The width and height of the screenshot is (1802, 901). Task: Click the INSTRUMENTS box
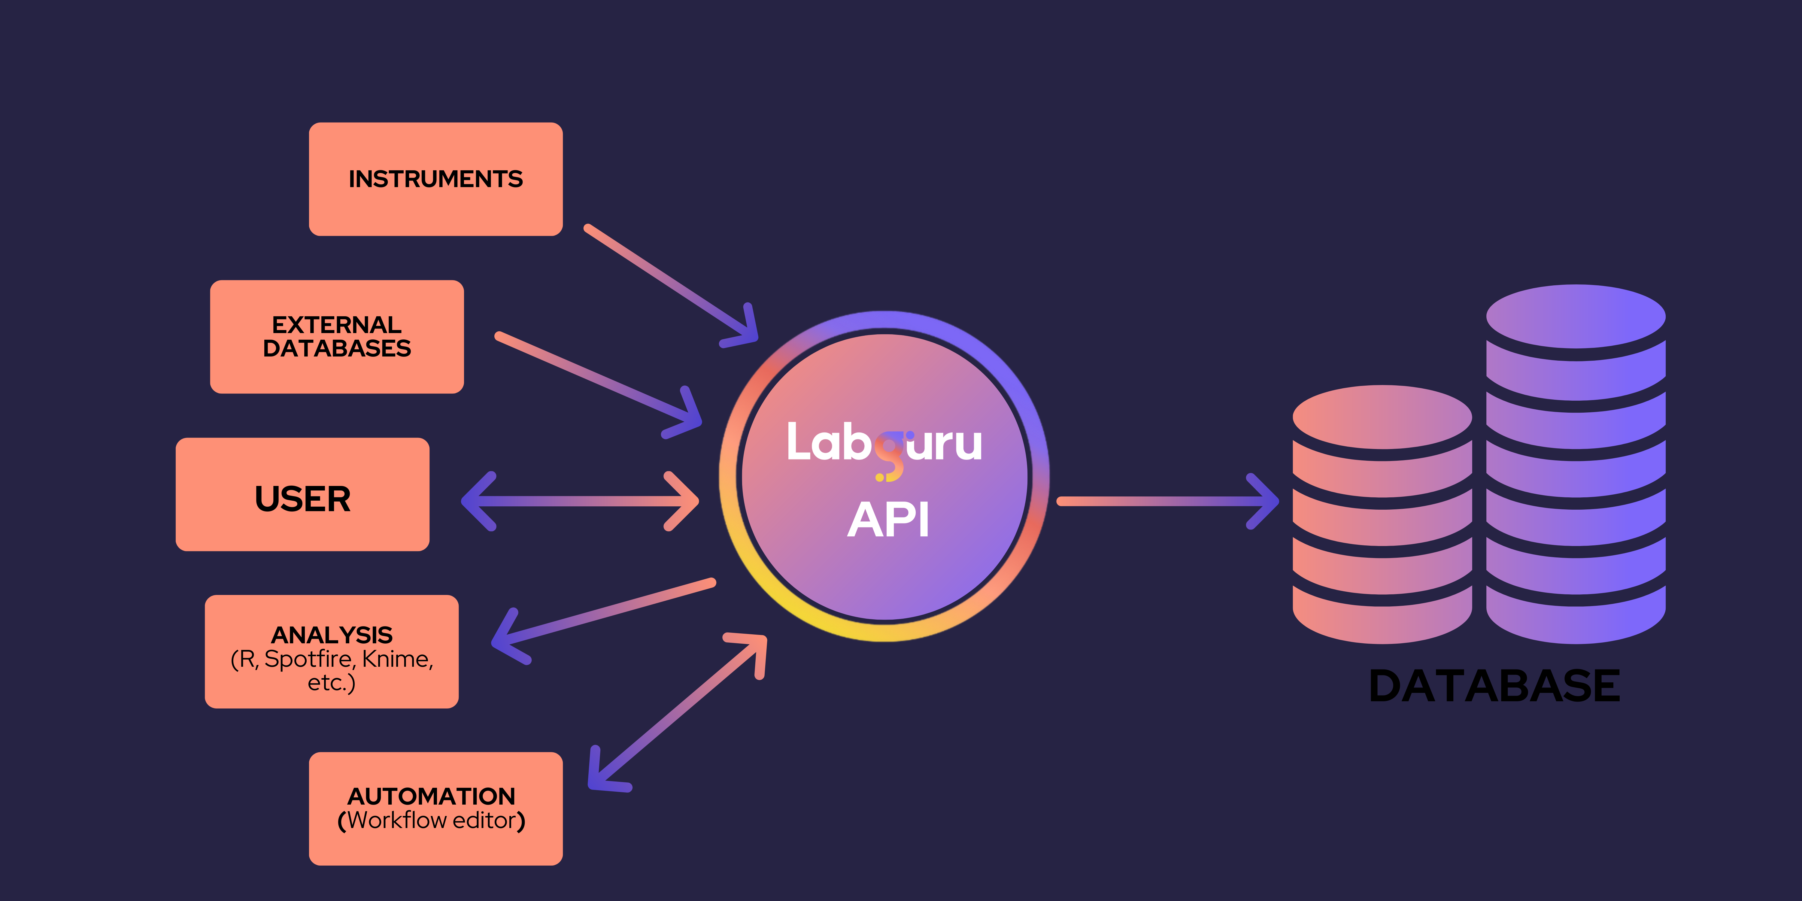[x=435, y=179]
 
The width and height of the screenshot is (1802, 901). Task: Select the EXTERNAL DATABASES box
[x=336, y=336]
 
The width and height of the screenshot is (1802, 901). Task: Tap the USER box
[x=302, y=495]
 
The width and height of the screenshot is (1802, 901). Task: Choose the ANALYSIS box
[x=332, y=651]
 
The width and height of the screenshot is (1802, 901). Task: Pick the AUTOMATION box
[x=435, y=809]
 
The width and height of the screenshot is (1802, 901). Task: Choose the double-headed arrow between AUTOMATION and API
[x=677, y=712]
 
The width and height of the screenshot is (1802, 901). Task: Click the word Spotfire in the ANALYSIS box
[x=308, y=659]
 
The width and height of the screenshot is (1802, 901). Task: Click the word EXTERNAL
[x=336, y=325]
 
